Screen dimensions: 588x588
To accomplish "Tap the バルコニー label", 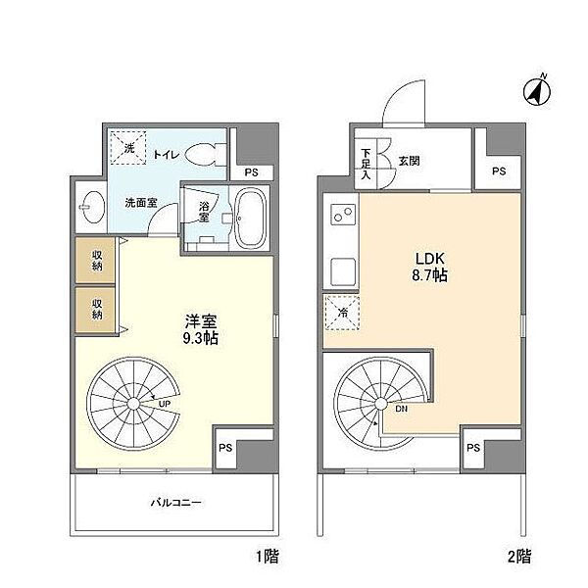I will point(176,504).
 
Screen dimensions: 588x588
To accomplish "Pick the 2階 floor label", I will point(519,558).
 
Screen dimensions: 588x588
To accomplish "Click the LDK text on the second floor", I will point(427,259).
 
